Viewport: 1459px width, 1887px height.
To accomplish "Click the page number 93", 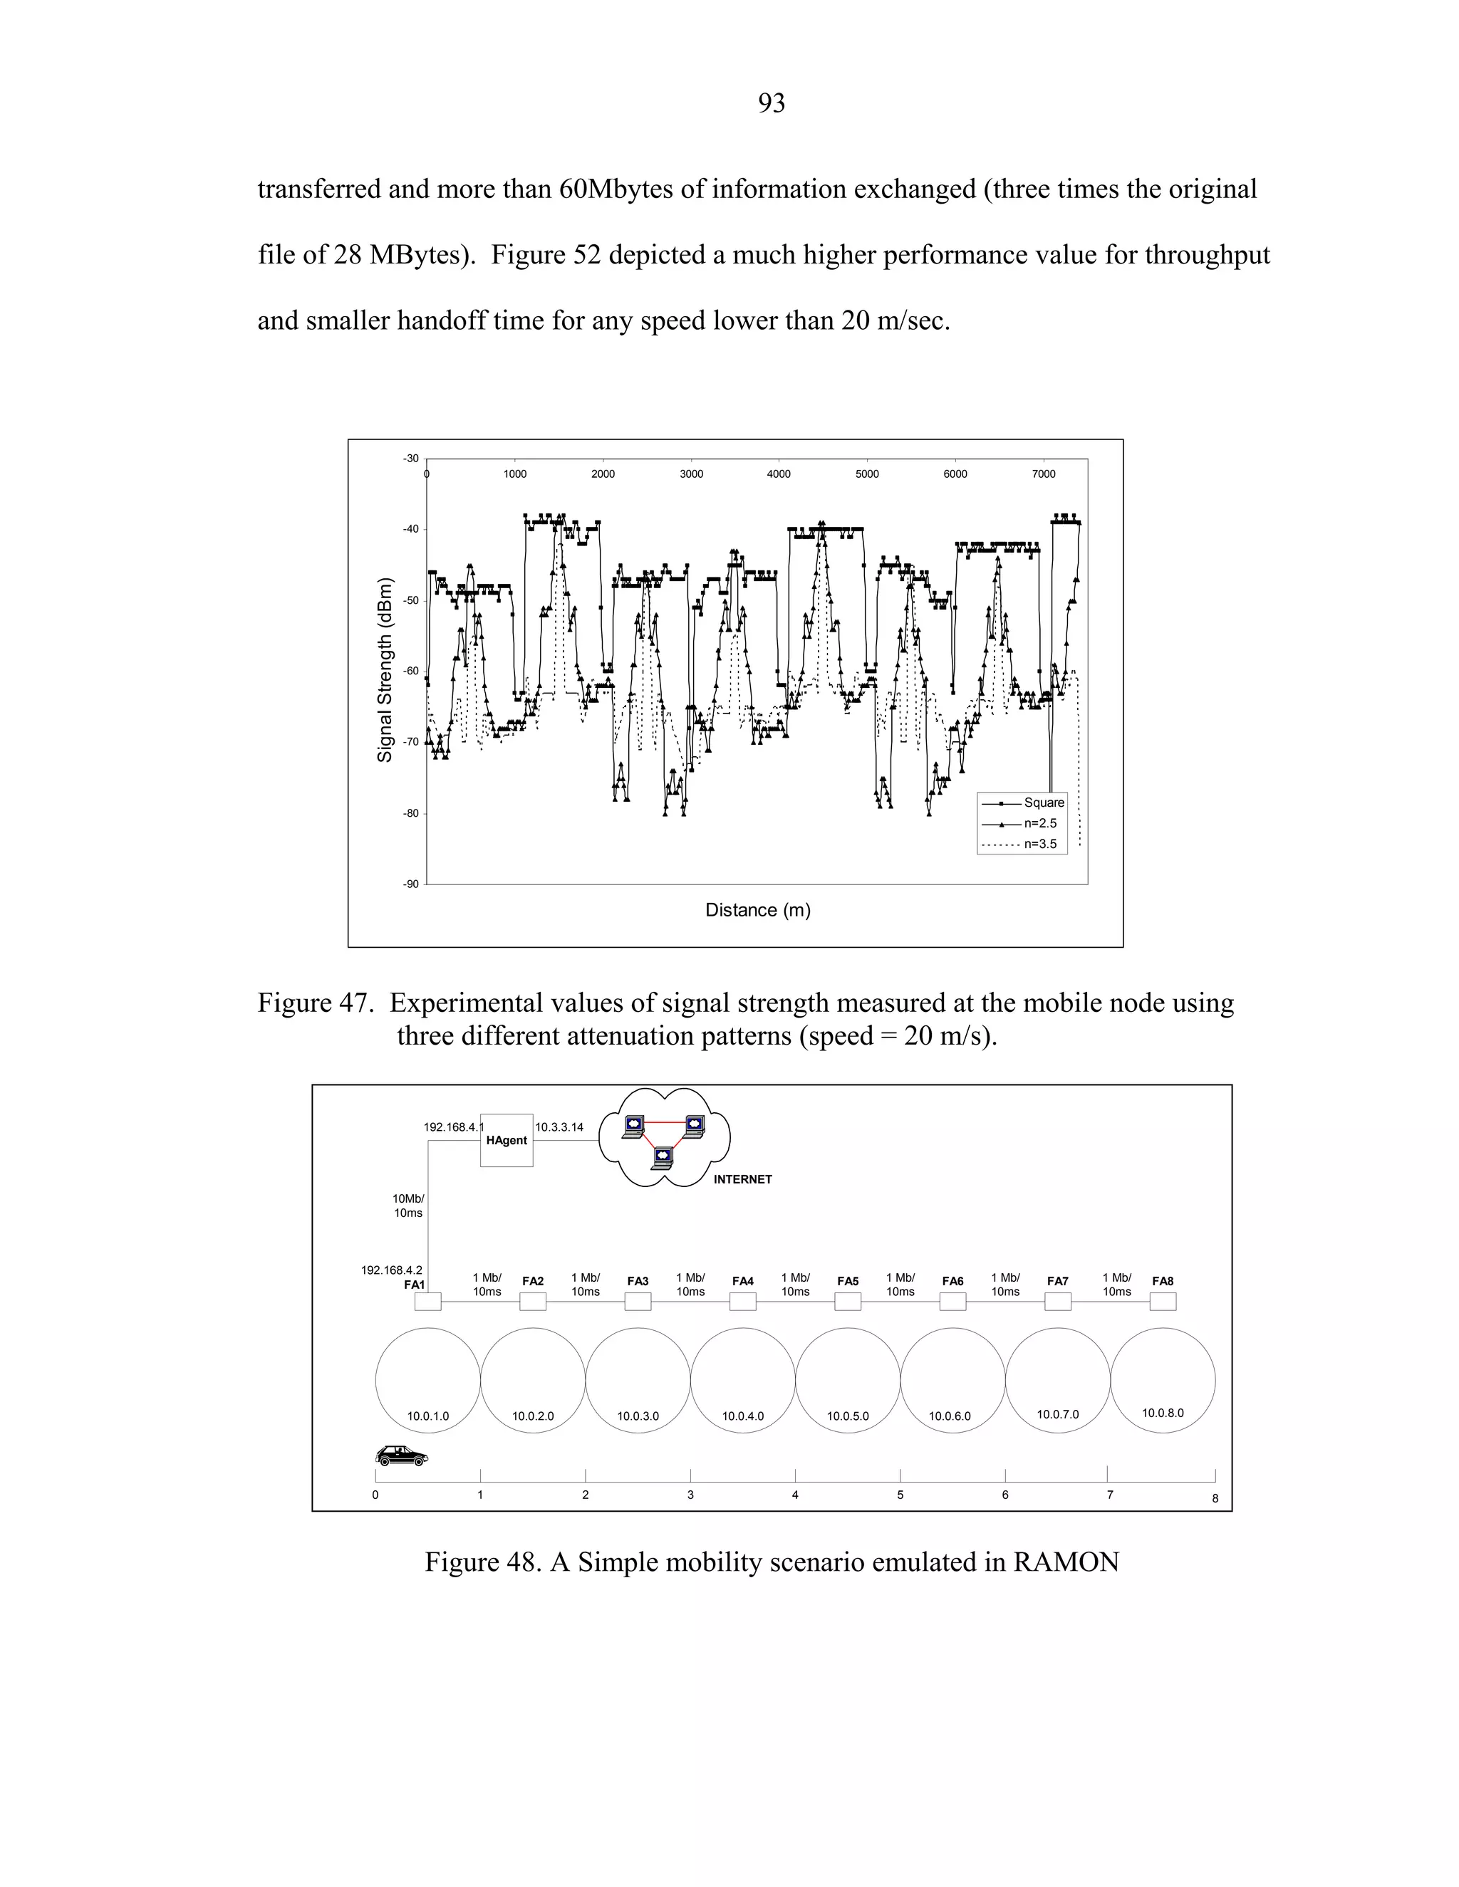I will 771,104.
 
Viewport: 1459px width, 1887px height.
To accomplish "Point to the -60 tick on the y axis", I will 410,671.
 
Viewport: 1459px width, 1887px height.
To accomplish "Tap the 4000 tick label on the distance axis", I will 779,474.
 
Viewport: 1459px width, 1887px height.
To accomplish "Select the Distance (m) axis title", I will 757,910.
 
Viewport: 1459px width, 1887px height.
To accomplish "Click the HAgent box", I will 507,1141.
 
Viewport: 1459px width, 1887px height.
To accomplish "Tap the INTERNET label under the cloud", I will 742,1179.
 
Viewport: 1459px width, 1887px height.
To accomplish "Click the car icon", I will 402,1456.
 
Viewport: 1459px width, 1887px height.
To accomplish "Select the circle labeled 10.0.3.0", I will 638,1380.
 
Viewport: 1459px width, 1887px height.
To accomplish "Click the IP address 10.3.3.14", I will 559,1127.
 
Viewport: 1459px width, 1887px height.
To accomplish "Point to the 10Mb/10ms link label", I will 408,1206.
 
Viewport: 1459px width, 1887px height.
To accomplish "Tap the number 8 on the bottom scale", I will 1215,1499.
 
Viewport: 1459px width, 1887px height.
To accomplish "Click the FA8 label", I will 1163,1281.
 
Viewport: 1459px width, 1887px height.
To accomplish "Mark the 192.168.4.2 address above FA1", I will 392,1270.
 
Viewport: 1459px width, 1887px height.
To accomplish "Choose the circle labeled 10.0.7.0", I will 1058,1380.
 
